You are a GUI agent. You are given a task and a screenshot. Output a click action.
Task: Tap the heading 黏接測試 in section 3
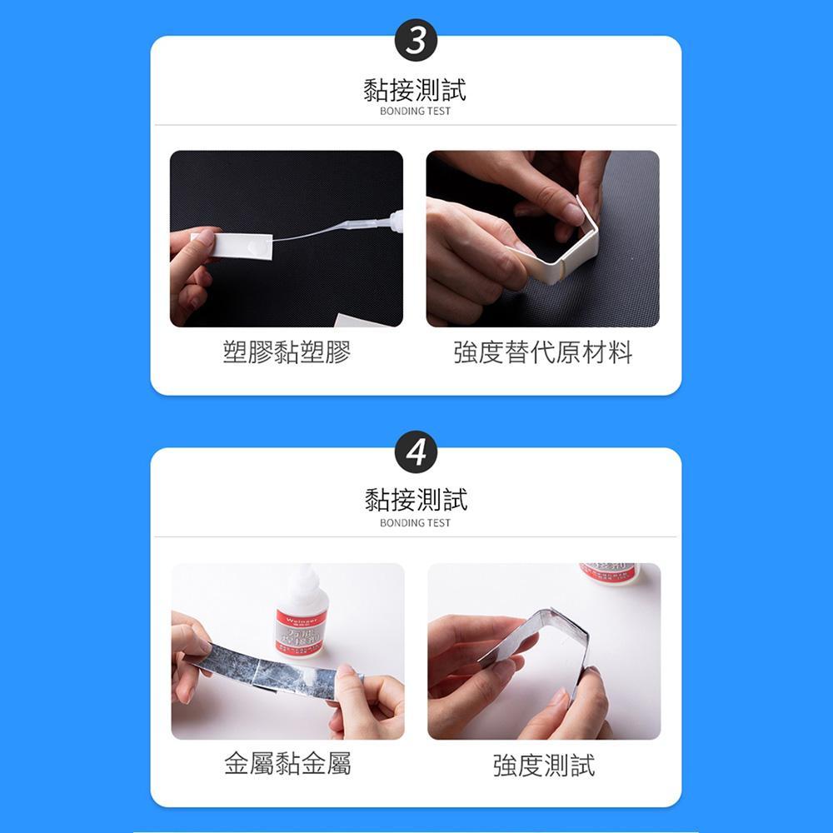(415, 89)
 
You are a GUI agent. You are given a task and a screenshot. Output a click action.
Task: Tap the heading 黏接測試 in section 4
(415, 500)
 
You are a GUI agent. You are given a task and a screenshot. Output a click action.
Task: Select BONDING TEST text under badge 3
(415, 111)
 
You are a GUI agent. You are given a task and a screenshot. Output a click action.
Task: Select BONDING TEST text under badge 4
(415, 523)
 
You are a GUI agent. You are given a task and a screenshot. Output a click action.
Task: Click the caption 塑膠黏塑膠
(287, 353)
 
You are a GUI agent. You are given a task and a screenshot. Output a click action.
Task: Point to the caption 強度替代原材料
(543, 353)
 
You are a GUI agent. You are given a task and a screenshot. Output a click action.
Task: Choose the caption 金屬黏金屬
(287, 763)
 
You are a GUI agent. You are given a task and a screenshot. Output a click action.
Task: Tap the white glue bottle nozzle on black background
(393, 222)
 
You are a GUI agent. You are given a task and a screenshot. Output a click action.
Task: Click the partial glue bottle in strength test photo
(608, 572)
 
